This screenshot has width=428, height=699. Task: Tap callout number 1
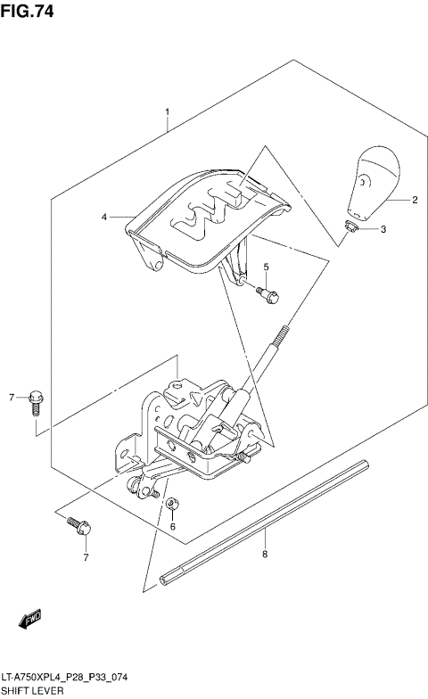[167, 113]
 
